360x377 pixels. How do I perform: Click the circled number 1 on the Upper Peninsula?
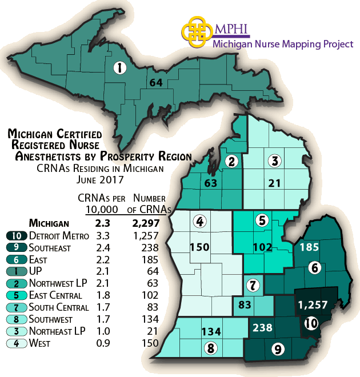pyautogui.click(x=119, y=69)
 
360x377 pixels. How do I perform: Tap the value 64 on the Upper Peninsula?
pyautogui.click(x=155, y=82)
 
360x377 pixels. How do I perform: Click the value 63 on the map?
pyautogui.click(x=211, y=183)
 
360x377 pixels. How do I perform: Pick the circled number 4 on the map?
pyautogui.click(x=199, y=221)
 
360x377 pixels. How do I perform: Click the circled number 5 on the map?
pyautogui.click(x=262, y=220)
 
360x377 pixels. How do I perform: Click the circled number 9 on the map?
pyautogui.click(x=278, y=348)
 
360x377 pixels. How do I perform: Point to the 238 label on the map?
pyautogui.click(x=262, y=327)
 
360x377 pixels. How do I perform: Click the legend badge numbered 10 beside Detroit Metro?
pyautogui.click(x=15, y=235)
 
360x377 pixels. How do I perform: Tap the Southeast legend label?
pyautogui.click(x=50, y=248)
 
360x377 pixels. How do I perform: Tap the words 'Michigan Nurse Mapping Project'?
pyautogui.click(x=283, y=44)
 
